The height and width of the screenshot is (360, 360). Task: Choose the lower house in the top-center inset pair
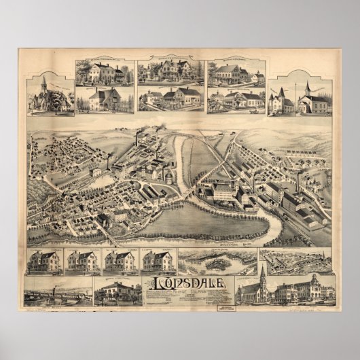tap(170, 98)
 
